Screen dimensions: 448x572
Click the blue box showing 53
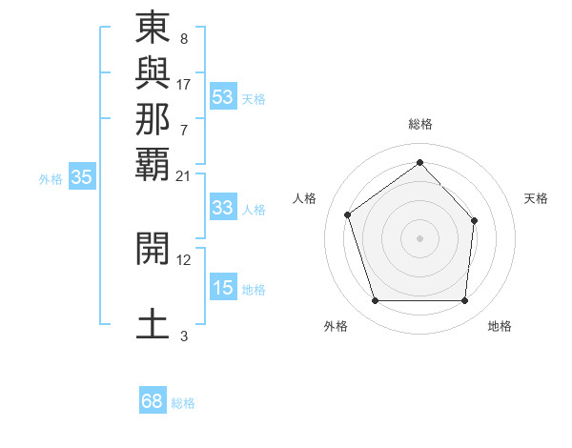click(x=223, y=97)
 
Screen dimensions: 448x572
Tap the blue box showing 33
click(x=223, y=209)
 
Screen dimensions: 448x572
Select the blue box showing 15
click(x=223, y=289)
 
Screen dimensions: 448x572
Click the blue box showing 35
click(x=82, y=177)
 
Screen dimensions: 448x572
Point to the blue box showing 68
click(x=153, y=401)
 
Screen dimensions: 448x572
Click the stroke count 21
click(x=184, y=175)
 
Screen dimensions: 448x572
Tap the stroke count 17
click(x=184, y=84)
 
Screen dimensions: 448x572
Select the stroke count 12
click(x=184, y=259)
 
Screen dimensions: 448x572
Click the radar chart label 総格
click(x=419, y=124)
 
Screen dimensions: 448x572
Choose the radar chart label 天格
click(x=537, y=198)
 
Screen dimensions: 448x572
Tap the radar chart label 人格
click(x=305, y=198)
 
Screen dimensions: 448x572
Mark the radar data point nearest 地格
click(x=464, y=301)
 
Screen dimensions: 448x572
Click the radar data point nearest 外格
click(x=375, y=301)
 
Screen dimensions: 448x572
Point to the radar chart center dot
click(x=419, y=237)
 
